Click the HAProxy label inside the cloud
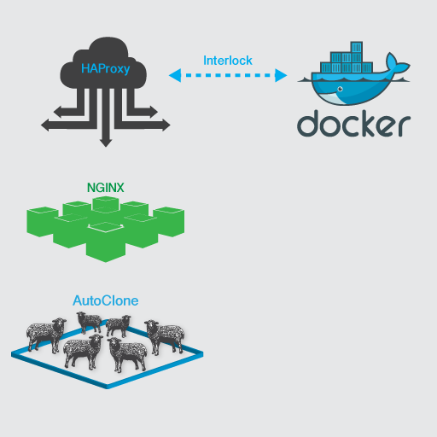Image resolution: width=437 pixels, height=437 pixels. (106, 69)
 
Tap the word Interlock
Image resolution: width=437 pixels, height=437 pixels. (228, 61)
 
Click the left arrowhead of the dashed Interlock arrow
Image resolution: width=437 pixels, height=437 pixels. (175, 75)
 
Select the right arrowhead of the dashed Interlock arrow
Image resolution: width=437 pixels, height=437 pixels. (281, 75)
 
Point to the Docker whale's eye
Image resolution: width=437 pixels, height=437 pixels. (340, 89)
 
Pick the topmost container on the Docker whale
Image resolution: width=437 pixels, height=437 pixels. (356, 47)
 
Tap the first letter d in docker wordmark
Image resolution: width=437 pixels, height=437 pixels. (308, 123)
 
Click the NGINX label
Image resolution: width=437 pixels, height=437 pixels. (106, 188)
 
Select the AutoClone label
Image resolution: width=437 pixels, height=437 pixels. (106, 300)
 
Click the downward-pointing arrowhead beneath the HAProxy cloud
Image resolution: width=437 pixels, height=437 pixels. (106, 143)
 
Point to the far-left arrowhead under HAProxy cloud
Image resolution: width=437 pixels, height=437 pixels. (45, 125)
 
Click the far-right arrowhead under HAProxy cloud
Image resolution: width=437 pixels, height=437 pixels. (166, 125)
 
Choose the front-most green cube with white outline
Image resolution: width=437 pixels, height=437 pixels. (106, 242)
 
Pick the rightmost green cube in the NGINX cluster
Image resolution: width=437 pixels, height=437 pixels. (169, 222)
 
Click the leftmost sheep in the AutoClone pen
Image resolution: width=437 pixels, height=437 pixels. (45, 335)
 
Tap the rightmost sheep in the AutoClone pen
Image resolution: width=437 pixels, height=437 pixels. (165, 336)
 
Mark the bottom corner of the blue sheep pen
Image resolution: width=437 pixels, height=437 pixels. (107, 387)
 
